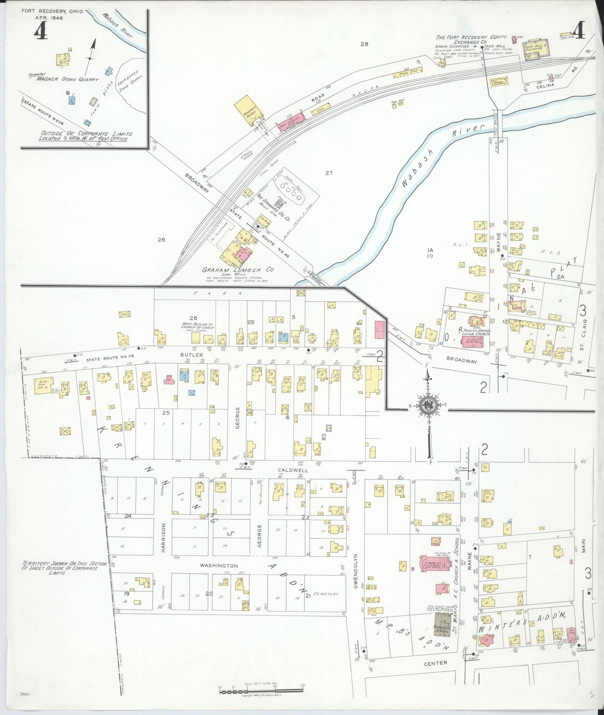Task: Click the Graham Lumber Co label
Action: pyautogui.click(x=237, y=270)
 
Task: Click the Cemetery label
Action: pyautogui.click(x=326, y=594)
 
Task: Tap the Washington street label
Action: pyautogui.click(x=219, y=565)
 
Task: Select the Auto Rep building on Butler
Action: pyautogui.click(x=44, y=385)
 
